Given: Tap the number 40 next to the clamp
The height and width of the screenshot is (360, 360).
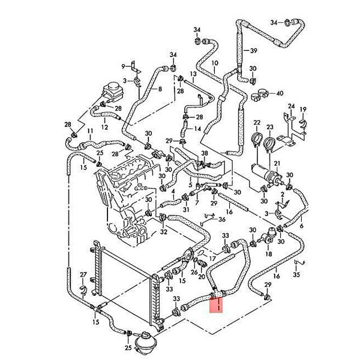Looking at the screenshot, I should tap(280, 94).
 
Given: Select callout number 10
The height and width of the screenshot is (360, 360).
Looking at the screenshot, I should tap(214, 63).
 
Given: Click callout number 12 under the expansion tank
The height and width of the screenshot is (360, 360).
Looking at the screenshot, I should tap(105, 127).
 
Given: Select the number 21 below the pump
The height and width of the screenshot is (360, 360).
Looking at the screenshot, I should tap(277, 163).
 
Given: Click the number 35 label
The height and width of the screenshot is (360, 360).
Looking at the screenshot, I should tap(296, 274).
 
